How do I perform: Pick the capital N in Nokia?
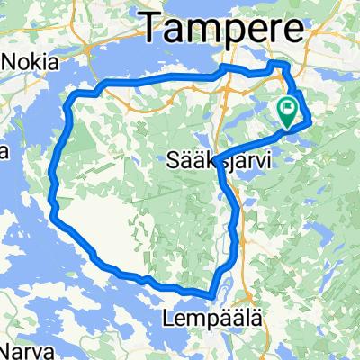point(10,63)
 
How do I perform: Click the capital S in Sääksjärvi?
point(174,162)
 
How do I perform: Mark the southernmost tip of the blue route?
point(211,294)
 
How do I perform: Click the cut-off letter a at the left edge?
point(3,148)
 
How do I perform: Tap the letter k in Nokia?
point(38,63)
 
